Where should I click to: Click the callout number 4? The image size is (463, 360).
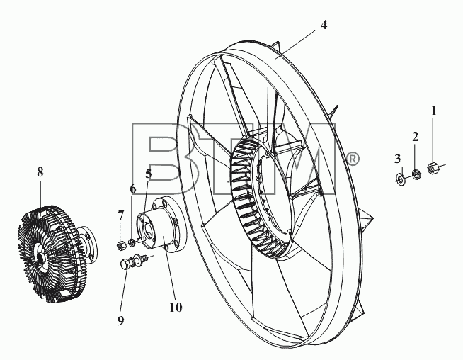[324, 25]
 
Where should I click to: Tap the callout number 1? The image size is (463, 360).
[433, 111]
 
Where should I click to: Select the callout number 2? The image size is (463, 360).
[415, 137]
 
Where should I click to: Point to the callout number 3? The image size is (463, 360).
[397, 159]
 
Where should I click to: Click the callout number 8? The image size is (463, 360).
[40, 171]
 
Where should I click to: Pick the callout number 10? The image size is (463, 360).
[176, 308]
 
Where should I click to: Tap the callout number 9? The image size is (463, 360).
[121, 320]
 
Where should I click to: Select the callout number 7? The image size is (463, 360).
[121, 215]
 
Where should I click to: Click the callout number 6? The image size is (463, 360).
[133, 189]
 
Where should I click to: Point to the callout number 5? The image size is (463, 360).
[149, 174]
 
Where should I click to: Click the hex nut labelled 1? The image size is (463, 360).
[433, 168]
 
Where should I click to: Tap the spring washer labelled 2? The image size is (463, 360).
[416, 174]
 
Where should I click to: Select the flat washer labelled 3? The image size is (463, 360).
[399, 179]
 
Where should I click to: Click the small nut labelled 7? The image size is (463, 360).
[120, 245]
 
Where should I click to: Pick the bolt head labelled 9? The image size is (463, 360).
[125, 264]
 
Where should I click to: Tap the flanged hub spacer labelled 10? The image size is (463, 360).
[161, 225]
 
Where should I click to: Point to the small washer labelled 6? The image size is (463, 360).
[132, 242]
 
